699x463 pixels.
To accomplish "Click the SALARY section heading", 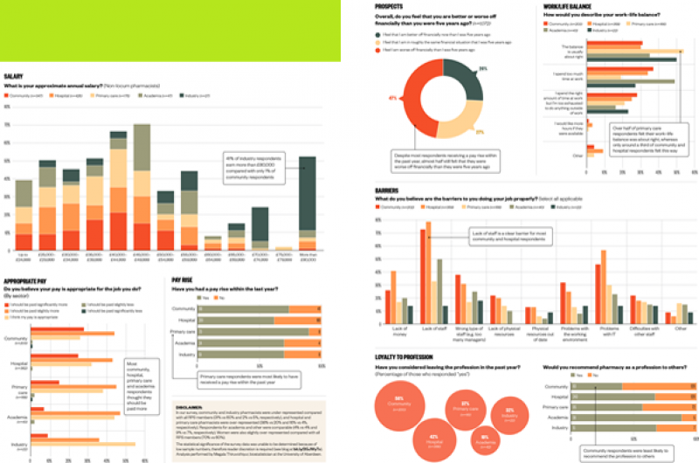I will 13,77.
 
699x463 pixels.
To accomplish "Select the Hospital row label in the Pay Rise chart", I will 184,321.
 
